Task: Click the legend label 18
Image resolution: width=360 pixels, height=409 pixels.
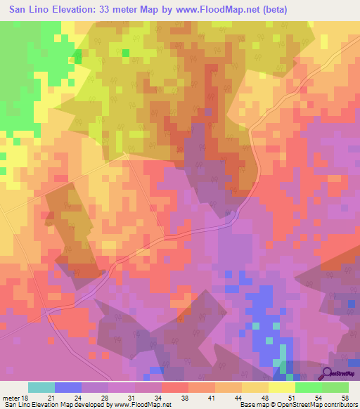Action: click(x=25, y=398)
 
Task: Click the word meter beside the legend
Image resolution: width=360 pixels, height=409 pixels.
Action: click(x=11, y=398)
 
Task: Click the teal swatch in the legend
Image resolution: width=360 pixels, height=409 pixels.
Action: click(x=41, y=387)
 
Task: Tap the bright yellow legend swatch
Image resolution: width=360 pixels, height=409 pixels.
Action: click(x=282, y=387)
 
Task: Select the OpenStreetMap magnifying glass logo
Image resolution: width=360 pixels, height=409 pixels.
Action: click(x=327, y=372)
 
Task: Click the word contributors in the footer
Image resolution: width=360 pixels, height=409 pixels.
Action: click(x=338, y=405)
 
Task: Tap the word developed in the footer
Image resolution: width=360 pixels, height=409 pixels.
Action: click(x=86, y=405)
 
